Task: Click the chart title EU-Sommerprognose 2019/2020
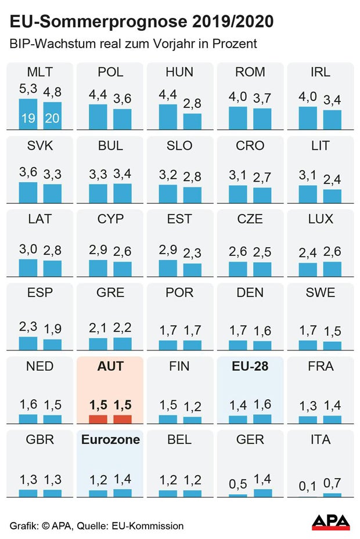(x=142, y=23)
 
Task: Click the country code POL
(x=110, y=73)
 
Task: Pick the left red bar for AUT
(x=98, y=419)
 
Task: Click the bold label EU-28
(x=250, y=366)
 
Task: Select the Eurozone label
(x=110, y=440)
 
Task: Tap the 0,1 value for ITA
(x=308, y=486)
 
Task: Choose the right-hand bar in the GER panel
(x=262, y=493)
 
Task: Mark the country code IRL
(x=320, y=73)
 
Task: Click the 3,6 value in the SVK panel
(x=28, y=173)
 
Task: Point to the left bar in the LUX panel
(x=308, y=269)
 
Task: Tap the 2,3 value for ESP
(x=28, y=327)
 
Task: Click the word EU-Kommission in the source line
(x=154, y=526)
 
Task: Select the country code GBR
(x=40, y=440)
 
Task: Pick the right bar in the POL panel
(x=122, y=118)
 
